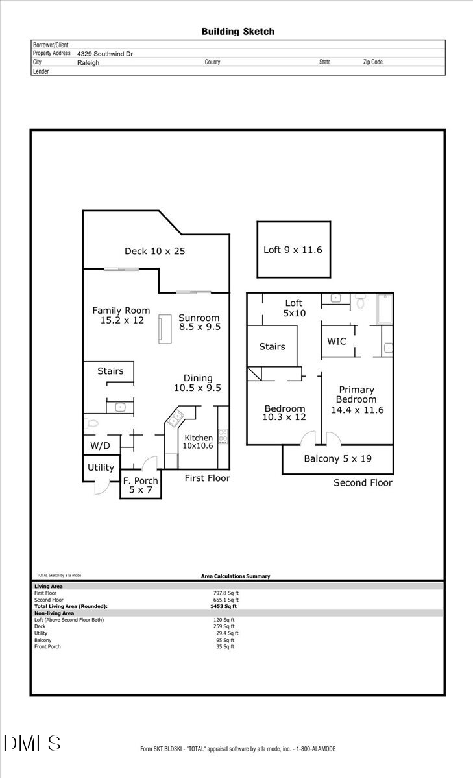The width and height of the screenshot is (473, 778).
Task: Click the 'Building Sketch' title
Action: tap(237, 31)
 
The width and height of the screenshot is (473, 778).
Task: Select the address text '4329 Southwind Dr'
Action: tap(105, 54)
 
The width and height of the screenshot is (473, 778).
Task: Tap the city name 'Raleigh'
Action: tap(88, 62)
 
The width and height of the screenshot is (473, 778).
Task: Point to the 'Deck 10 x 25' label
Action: tap(154, 251)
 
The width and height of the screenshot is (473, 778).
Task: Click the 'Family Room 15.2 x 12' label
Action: tap(121, 315)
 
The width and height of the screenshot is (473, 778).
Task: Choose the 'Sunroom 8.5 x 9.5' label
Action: tap(199, 322)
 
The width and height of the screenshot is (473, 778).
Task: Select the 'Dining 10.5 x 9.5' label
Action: tap(198, 383)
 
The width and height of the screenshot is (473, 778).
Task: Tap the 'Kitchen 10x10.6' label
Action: tap(198, 442)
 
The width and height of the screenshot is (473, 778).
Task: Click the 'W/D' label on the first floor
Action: tap(99, 446)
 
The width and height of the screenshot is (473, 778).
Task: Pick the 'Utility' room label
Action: tap(101, 467)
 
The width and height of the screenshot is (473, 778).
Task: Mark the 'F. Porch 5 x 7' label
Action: tap(141, 485)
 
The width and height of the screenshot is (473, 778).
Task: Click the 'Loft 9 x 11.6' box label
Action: tap(293, 250)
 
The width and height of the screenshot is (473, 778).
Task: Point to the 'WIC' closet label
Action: tap(336, 340)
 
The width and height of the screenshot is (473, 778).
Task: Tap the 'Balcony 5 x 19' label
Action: tap(337, 459)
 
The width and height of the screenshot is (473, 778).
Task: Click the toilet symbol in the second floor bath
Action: tap(361, 300)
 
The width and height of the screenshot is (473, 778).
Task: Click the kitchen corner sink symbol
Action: tap(176, 419)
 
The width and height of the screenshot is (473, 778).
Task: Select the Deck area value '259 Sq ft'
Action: tap(225, 626)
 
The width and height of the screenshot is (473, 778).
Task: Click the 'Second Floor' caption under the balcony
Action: tap(363, 482)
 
